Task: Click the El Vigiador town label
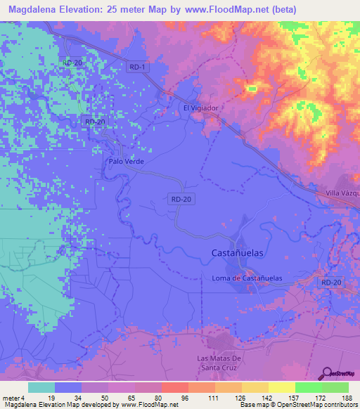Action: (201, 108)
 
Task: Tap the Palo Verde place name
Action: (126, 161)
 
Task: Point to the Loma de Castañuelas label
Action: (247, 278)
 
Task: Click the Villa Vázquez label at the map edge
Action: (343, 193)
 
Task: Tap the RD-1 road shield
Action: (138, 67)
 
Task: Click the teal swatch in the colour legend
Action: (41, 387)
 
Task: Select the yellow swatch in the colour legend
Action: (281, 387)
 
